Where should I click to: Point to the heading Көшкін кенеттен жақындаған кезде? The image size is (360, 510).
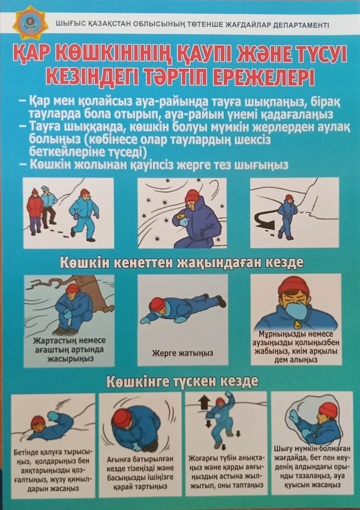point(181,263)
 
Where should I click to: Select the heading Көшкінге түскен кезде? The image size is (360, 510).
point(182,381)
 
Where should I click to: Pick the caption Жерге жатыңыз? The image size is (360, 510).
point(182,353)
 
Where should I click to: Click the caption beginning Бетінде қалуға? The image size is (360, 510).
point(53,469)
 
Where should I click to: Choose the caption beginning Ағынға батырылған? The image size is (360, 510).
point(140,472)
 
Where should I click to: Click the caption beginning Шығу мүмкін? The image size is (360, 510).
point(312,466)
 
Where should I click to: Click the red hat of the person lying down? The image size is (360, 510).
point(157,303)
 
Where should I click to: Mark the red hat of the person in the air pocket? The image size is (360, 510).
point(328,410)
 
